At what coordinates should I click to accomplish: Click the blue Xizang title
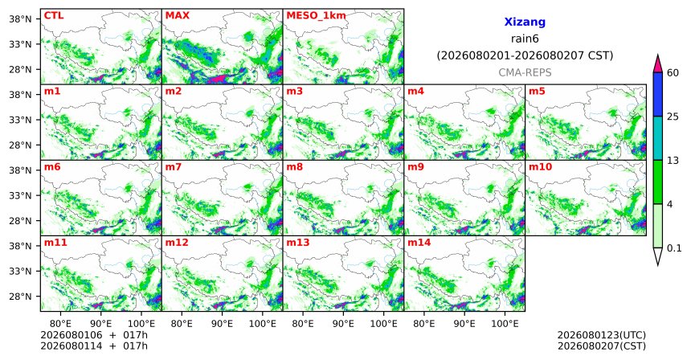click(x=525, y=22)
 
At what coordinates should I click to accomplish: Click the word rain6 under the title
click(x=525, y=39)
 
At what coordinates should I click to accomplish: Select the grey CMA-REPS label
click(x=525, y=72)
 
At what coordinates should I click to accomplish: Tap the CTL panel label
click(x=54, y=16)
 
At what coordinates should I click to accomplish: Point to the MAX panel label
click(x=177, y=16)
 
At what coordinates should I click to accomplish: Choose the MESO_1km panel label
click(x=316, y=16)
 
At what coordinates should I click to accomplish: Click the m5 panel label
click(x=537, y=92)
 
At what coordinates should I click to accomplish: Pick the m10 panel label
click(x=540, y=167)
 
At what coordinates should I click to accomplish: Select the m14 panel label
click(x=419, y=243)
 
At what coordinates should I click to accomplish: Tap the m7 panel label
click(x=174, y=167)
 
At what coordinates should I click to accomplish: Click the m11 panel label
click(x=55, y=243)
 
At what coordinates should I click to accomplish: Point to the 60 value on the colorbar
click(x=673, y=73)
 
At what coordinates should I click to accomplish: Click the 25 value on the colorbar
click(x=673, y=117)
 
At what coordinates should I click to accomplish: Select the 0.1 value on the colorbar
click(x=674, y=248)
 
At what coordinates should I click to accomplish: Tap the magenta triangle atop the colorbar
click(x=657, y=63)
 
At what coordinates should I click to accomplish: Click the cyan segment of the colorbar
click(x=657, y=138)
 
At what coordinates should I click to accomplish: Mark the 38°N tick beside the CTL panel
click(x=20, y=19)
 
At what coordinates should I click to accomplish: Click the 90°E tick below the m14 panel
click(x=464, y=324)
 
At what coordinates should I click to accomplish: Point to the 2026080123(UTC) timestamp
click(x=602, y=336)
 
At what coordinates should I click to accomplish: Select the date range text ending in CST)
click(x=525, y=56)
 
